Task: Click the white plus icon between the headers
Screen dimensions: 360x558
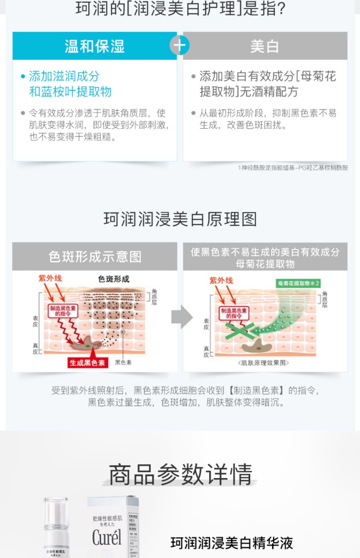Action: tap(179, 45)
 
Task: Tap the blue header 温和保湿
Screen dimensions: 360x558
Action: tap(94, 46)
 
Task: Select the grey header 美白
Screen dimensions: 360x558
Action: tap(265, 46)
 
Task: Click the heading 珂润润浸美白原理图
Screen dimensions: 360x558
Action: tap(180, 219)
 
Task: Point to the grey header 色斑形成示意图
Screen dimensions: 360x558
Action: tap(95, 257)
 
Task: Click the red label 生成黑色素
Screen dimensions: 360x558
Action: tap(87, 363)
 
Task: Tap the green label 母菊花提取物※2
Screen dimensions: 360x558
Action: tap(298, 283)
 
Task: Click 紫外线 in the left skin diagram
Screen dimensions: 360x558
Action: tap(50, 278)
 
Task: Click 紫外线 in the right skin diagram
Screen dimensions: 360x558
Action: tap(221, 280)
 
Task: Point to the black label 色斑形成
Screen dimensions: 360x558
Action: tap(114, 279)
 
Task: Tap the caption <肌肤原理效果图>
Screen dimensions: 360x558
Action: tap(264, 363)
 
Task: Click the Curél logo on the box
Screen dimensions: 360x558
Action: tap(107, 537)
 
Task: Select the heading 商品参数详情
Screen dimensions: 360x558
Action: tap(180, 474)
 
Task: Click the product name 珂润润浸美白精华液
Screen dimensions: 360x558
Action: tap(231, 543)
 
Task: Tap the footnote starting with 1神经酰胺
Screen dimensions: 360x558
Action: tap(293, 168)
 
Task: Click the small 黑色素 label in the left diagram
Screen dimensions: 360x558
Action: tap(123, 362)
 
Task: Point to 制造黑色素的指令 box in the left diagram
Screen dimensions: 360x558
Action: tap(63, 311)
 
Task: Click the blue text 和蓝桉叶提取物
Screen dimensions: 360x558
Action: tap(70, 92)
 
